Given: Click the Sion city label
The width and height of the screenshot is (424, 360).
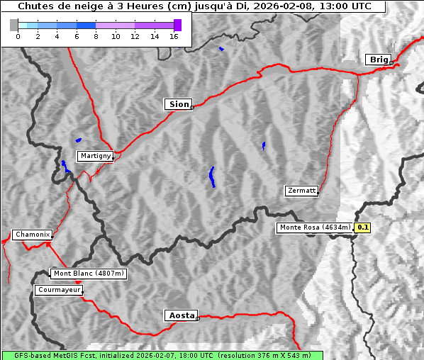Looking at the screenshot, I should point(178,104).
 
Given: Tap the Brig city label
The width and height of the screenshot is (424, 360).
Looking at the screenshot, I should point(377,60).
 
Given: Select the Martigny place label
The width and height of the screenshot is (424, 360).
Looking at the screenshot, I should point(94,156).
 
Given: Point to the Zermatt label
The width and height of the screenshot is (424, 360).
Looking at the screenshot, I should point(301,191).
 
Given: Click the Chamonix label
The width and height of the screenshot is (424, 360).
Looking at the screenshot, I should point(32,235).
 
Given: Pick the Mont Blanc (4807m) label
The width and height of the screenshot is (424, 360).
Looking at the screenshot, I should point(89,274).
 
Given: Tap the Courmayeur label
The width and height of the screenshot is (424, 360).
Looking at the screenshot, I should point(59,290).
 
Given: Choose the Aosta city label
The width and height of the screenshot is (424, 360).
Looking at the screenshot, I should point(180,315).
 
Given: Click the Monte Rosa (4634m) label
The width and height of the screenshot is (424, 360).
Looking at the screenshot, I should point(315,227).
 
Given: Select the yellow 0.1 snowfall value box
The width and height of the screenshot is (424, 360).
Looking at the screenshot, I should point(363,227).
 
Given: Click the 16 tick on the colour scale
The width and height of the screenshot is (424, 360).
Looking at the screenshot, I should point(174,36).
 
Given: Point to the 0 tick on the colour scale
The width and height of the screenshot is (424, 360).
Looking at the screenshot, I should point(18,36).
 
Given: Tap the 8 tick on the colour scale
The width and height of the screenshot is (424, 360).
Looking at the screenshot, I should point(96,36).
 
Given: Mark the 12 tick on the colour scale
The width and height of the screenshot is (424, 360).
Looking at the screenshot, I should point(135,36).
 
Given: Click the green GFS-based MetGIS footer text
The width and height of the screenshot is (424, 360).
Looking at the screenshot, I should point(162,355).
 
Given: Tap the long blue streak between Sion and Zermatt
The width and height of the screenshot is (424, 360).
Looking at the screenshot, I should point(212,177).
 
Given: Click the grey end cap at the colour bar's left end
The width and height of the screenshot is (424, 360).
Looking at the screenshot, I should point(14,25).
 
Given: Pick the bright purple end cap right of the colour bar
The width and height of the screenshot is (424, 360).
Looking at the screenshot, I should point(177,25).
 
